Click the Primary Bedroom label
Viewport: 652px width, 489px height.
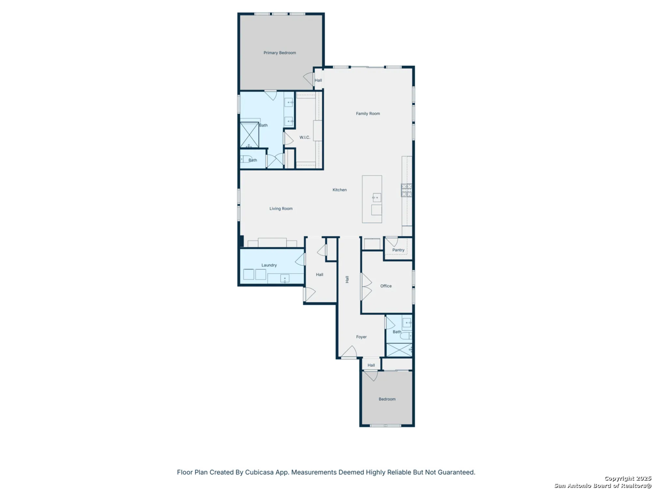click(x=280, y=53)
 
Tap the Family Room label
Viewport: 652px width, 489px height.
click(x=368, y=113)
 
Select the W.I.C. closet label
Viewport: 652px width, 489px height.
click(x=304, y=137)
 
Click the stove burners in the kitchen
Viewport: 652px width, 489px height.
click(x=406, y=190)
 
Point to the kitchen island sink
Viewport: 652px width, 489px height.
click(x=377, y=197)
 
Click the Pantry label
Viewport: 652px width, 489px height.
click(x=398, y=250)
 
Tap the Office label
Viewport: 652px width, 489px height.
click(x=386, y=286)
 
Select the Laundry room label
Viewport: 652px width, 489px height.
click(x=269, y=265)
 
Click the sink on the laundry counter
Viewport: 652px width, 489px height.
click(x=285, y=279)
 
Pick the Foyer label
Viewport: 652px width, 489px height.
click(x=361, y=337)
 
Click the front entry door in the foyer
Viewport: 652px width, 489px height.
click(x=349, y=352)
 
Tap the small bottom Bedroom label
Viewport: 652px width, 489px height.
click(x=387, y=399)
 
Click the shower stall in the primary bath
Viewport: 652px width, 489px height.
click(x=249, y=135)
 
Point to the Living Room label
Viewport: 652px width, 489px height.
click(x=281, y=209)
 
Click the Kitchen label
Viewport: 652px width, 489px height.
click(x=339, y=190)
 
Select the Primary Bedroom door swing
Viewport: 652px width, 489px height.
click(x=308, y=79)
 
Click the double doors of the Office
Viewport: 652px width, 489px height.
click(x=365, y=287)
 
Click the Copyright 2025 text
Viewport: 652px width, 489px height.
click(x=628, y=478)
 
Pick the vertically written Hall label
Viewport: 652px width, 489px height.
click(x=347, y=279)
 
